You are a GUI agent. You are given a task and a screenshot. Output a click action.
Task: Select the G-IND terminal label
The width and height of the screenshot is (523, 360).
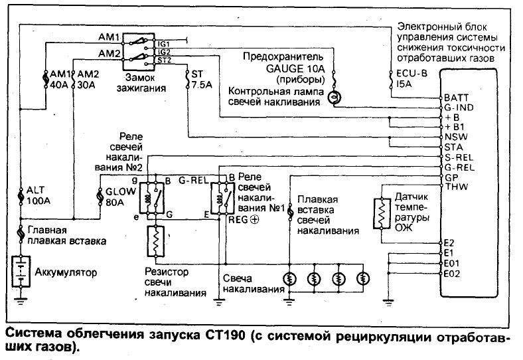click(x=456, y=107)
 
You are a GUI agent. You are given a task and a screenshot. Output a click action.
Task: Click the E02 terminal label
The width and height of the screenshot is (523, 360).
click(x=453, y=273)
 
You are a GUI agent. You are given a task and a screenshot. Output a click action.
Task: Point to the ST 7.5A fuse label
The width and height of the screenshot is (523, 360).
click(x=198, y=79)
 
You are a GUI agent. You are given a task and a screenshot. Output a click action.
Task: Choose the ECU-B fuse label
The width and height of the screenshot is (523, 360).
click(x=406, y=79)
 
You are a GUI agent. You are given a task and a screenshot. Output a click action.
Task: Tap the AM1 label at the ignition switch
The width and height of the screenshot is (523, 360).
click(x=109, y=36)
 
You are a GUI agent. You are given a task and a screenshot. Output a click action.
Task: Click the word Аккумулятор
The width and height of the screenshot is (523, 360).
click(x=66, y=272)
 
